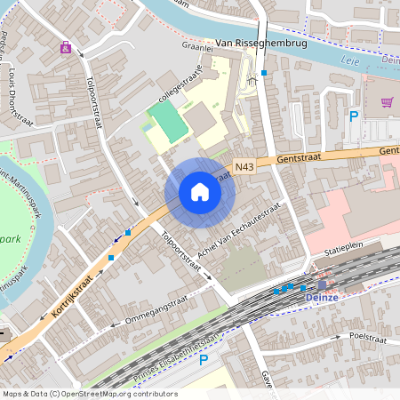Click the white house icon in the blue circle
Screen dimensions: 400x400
click(199, 192)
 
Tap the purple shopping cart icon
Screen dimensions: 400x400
click(387, 102)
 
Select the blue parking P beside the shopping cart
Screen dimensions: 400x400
click(353, 116)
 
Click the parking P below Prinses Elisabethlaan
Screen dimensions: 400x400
click(204, 359)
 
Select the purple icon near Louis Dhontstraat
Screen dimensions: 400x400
click(65, 47)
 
